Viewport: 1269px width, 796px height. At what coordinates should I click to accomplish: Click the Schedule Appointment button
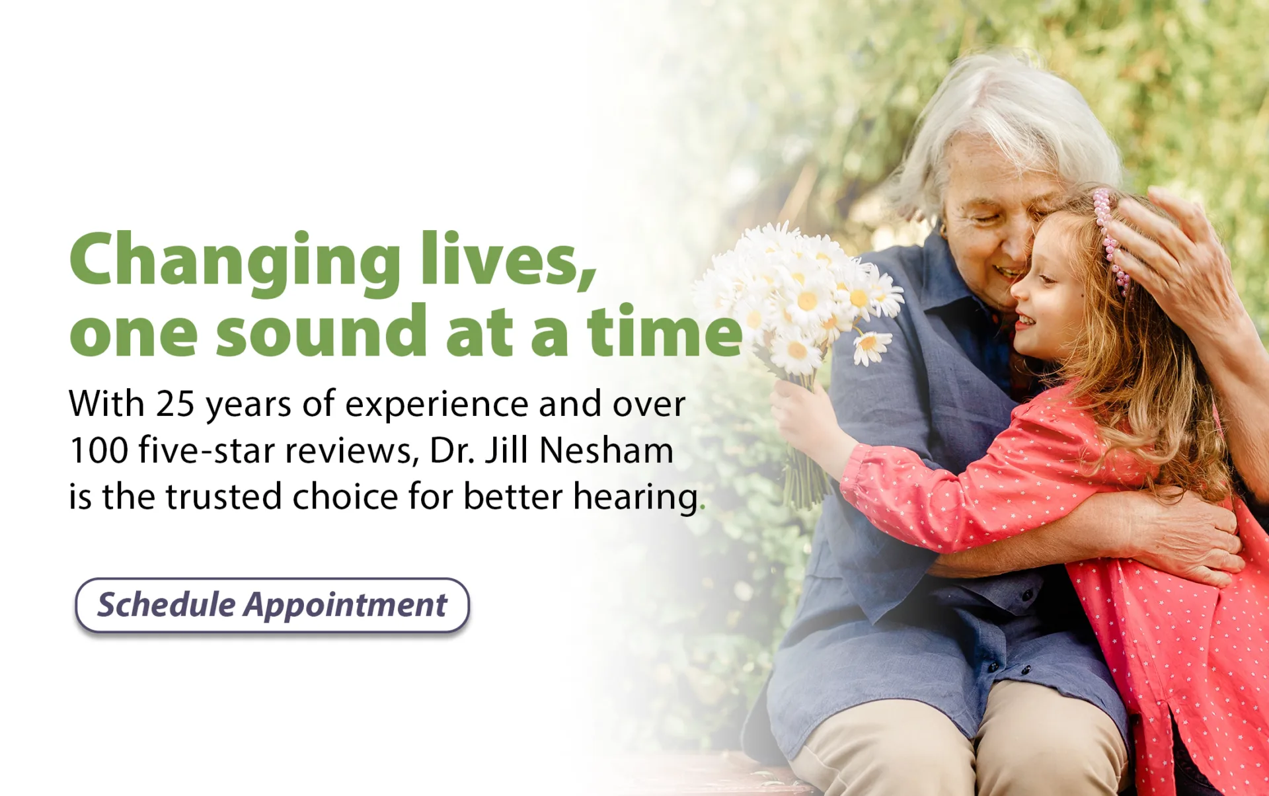272,605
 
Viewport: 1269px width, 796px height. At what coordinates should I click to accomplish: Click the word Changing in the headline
235,262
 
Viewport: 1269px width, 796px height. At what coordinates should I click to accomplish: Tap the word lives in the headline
508,259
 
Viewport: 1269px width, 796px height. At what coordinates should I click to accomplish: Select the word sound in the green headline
322,330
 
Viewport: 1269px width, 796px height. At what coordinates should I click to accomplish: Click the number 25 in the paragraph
175,404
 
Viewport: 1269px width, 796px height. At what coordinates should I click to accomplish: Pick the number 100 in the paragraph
98,450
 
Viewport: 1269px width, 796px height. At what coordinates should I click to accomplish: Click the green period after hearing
703,508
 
